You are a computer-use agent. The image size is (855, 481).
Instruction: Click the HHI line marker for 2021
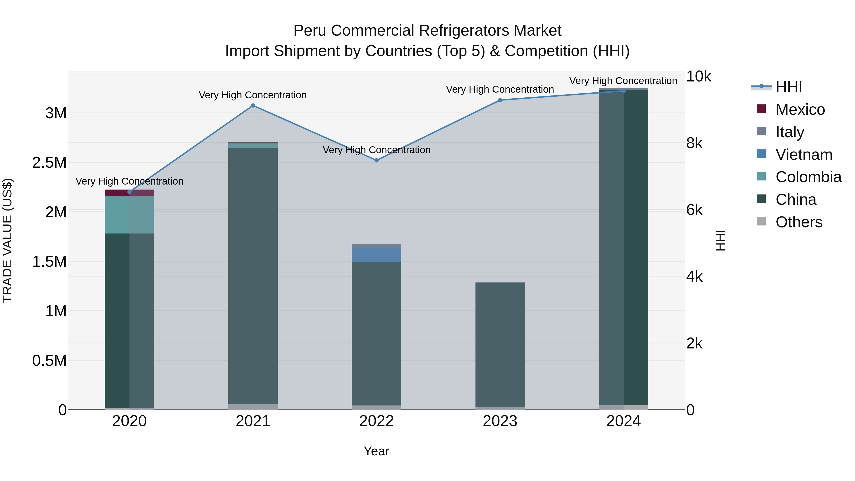click(253, 105)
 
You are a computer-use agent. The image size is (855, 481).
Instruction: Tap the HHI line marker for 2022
click(376, 160)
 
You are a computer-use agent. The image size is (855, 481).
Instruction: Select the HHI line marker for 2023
click(500, 100)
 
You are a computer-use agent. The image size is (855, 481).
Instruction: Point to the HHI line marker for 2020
click(129, 192)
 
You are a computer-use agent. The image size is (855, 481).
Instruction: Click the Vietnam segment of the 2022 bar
click(376, 255)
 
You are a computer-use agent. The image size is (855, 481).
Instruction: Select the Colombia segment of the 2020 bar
click(129, 215)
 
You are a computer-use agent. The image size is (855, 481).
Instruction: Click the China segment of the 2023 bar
click(500, 345)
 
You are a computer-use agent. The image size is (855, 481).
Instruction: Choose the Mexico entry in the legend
click(800, 110)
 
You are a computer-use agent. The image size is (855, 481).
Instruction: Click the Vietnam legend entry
click(803, 155)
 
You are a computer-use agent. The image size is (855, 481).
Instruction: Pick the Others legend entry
click(798, 222)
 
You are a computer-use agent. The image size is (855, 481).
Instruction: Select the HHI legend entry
click(788, 87)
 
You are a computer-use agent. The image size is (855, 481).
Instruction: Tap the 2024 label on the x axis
click(623, 421)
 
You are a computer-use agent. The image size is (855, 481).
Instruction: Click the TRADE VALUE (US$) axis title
click(7, 240)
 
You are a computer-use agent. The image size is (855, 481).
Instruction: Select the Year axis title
click(376, 451)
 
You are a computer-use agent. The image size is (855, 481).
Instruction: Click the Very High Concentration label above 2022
click(376, 150)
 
